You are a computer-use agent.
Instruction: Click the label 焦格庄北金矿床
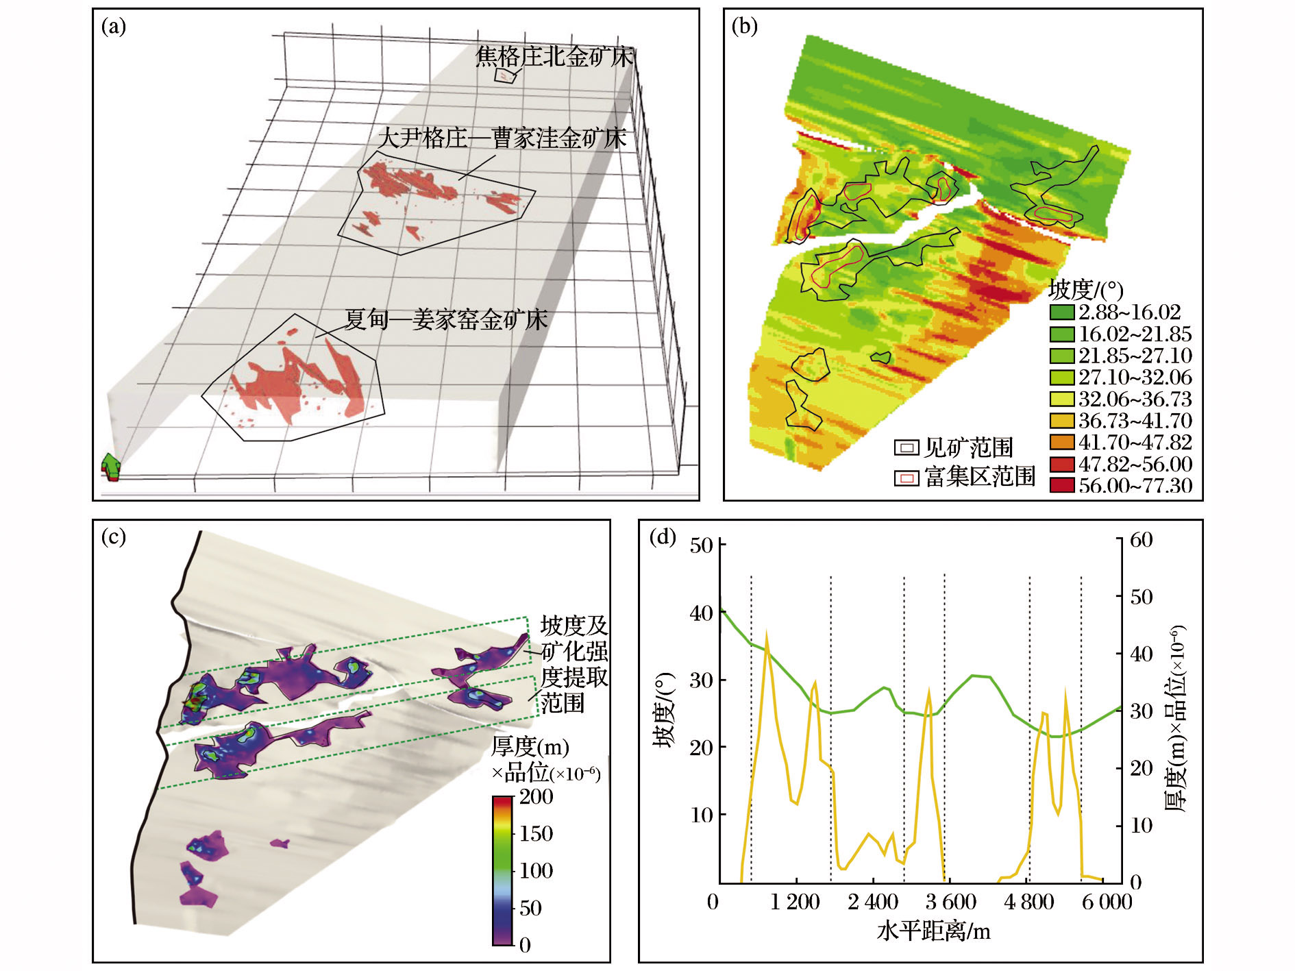point(554,56)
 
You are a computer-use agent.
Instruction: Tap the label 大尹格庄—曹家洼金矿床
point(502,138)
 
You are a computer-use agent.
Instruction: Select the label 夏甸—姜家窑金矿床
point(445,319)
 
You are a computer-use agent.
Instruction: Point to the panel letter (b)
point(745,27)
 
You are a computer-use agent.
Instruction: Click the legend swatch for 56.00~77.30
point(1061,485)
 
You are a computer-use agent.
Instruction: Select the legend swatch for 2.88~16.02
point(1061,312)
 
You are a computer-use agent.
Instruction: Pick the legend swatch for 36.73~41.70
point(1061,421)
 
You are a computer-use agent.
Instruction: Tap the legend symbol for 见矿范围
point(907,448)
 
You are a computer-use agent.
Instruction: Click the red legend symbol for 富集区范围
point(907,478)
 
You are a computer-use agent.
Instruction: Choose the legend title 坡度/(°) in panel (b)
point(1085,290)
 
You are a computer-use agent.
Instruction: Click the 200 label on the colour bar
point(536,797)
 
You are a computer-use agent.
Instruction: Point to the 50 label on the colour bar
point(530,908)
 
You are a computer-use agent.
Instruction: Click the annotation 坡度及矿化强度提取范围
point(573,664)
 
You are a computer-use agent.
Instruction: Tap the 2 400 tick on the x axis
point(873,902)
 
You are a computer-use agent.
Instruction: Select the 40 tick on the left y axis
point(702,613)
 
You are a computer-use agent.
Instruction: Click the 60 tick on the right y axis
point(1141,540)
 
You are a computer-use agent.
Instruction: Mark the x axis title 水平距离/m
point(933,932)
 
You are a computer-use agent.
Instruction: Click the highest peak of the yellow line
point(766,633)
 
